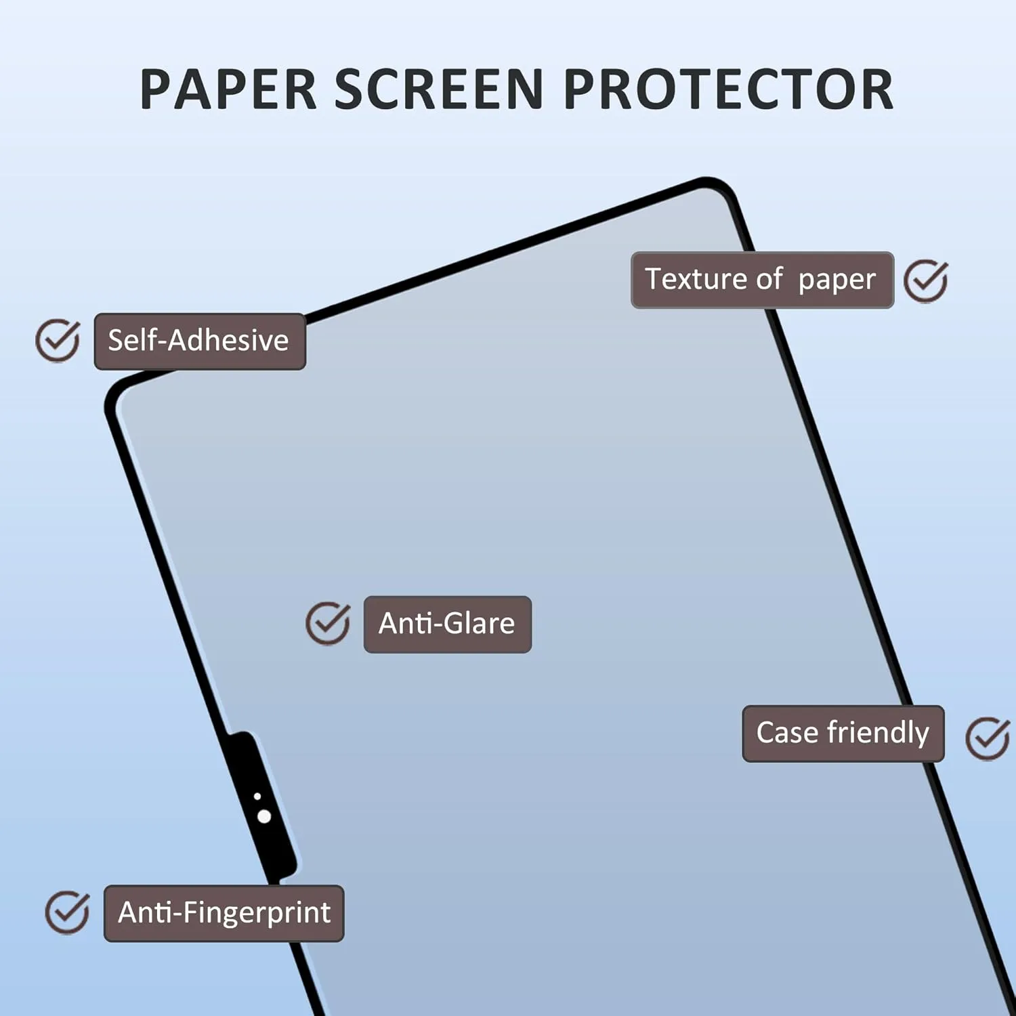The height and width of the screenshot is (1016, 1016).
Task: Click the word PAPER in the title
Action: [x=229, y=89]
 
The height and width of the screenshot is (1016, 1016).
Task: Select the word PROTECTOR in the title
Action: [x=728, y=89]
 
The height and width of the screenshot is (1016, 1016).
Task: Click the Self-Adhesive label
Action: [x=200, y=341]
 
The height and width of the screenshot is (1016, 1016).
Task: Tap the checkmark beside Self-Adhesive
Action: [x=58, y=340]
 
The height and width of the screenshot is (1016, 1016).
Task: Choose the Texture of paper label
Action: [x=762, y=280]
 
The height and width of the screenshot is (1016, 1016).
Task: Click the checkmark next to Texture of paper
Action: [x=926, y=280]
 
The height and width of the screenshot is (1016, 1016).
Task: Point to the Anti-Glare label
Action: [x=447, y=624]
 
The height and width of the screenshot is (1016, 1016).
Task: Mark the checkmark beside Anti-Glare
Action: [x=328, y=623]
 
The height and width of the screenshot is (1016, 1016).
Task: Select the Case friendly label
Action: [x=843, y=734]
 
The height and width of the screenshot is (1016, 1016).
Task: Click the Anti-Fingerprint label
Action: [x=224, y=913]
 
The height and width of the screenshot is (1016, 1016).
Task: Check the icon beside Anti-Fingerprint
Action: [x=67, y=912]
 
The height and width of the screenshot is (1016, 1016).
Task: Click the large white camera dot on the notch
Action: [x=264, y=816]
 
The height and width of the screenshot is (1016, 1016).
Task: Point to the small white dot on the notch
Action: [x=257, y=797]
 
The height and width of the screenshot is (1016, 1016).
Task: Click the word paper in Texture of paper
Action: [x=837, y=280]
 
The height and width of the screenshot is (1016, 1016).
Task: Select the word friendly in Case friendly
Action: [x=879, y=732]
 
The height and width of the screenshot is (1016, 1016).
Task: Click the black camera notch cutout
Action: [x=261, y=806]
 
